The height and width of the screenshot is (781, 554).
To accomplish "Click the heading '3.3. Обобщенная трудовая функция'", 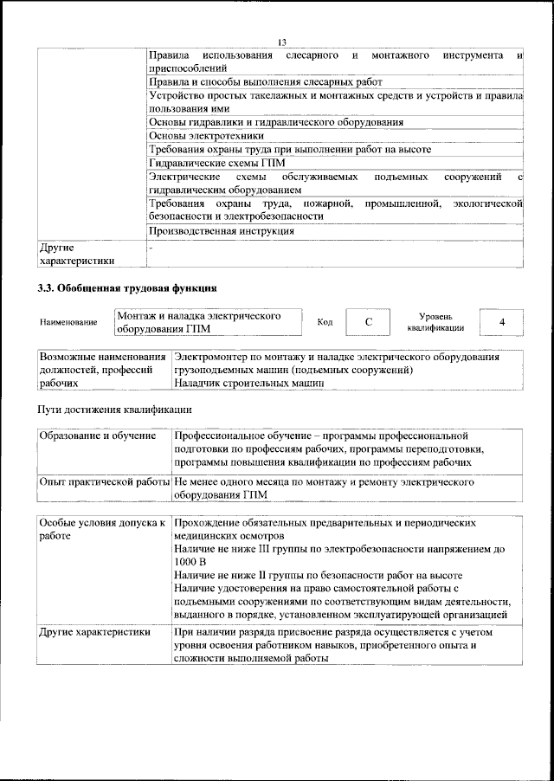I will (126, 287).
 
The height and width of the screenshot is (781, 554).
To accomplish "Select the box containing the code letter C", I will (368, 322).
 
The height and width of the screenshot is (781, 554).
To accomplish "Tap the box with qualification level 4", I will (502, 322).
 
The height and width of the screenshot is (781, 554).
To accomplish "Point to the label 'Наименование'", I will (68, 323).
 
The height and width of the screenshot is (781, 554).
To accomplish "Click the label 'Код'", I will (325, 323).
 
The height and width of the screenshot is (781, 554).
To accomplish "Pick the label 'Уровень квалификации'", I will (435, 322).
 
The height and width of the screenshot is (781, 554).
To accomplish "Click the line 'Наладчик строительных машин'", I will (248, 382).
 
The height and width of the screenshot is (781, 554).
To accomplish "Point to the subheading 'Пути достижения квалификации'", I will (113, 408).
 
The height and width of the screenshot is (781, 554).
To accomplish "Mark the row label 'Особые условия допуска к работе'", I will (102, 531).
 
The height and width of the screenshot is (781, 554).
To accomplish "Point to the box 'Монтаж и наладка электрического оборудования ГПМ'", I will (208, 322).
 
